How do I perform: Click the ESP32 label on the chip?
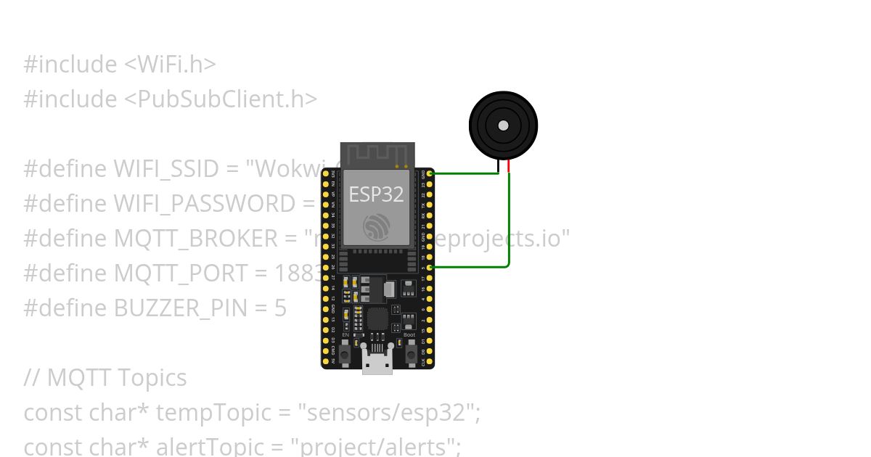click(376, 194)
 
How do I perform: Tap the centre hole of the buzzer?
click(503, 125)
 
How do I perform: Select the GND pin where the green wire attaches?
click(430, 174)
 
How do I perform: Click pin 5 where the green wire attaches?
click(430, 268)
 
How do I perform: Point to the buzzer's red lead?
click(509, 167)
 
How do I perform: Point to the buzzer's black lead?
click(498, 167)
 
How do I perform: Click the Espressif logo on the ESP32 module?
click(377, 228)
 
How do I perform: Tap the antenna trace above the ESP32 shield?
click(377, 155)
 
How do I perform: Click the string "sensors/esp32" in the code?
click(388, 413)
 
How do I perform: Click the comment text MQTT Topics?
click(116, 378)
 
